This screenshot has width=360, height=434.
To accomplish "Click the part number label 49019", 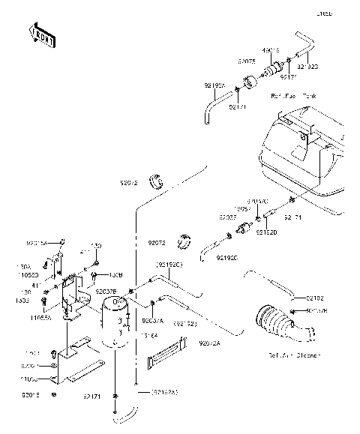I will tap(272, 51).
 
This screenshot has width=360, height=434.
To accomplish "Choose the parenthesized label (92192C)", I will tap(169, 265).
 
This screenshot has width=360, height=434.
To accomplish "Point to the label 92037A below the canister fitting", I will tap(152, 320).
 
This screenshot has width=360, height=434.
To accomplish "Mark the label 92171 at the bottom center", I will tap(92, 395).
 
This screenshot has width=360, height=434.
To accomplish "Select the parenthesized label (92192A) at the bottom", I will tap(164, 391).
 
